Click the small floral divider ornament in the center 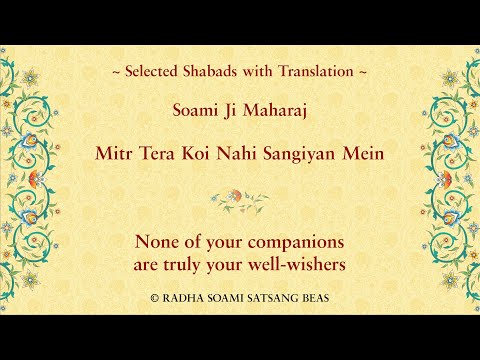point(240,200)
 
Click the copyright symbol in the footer point(154,297)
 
